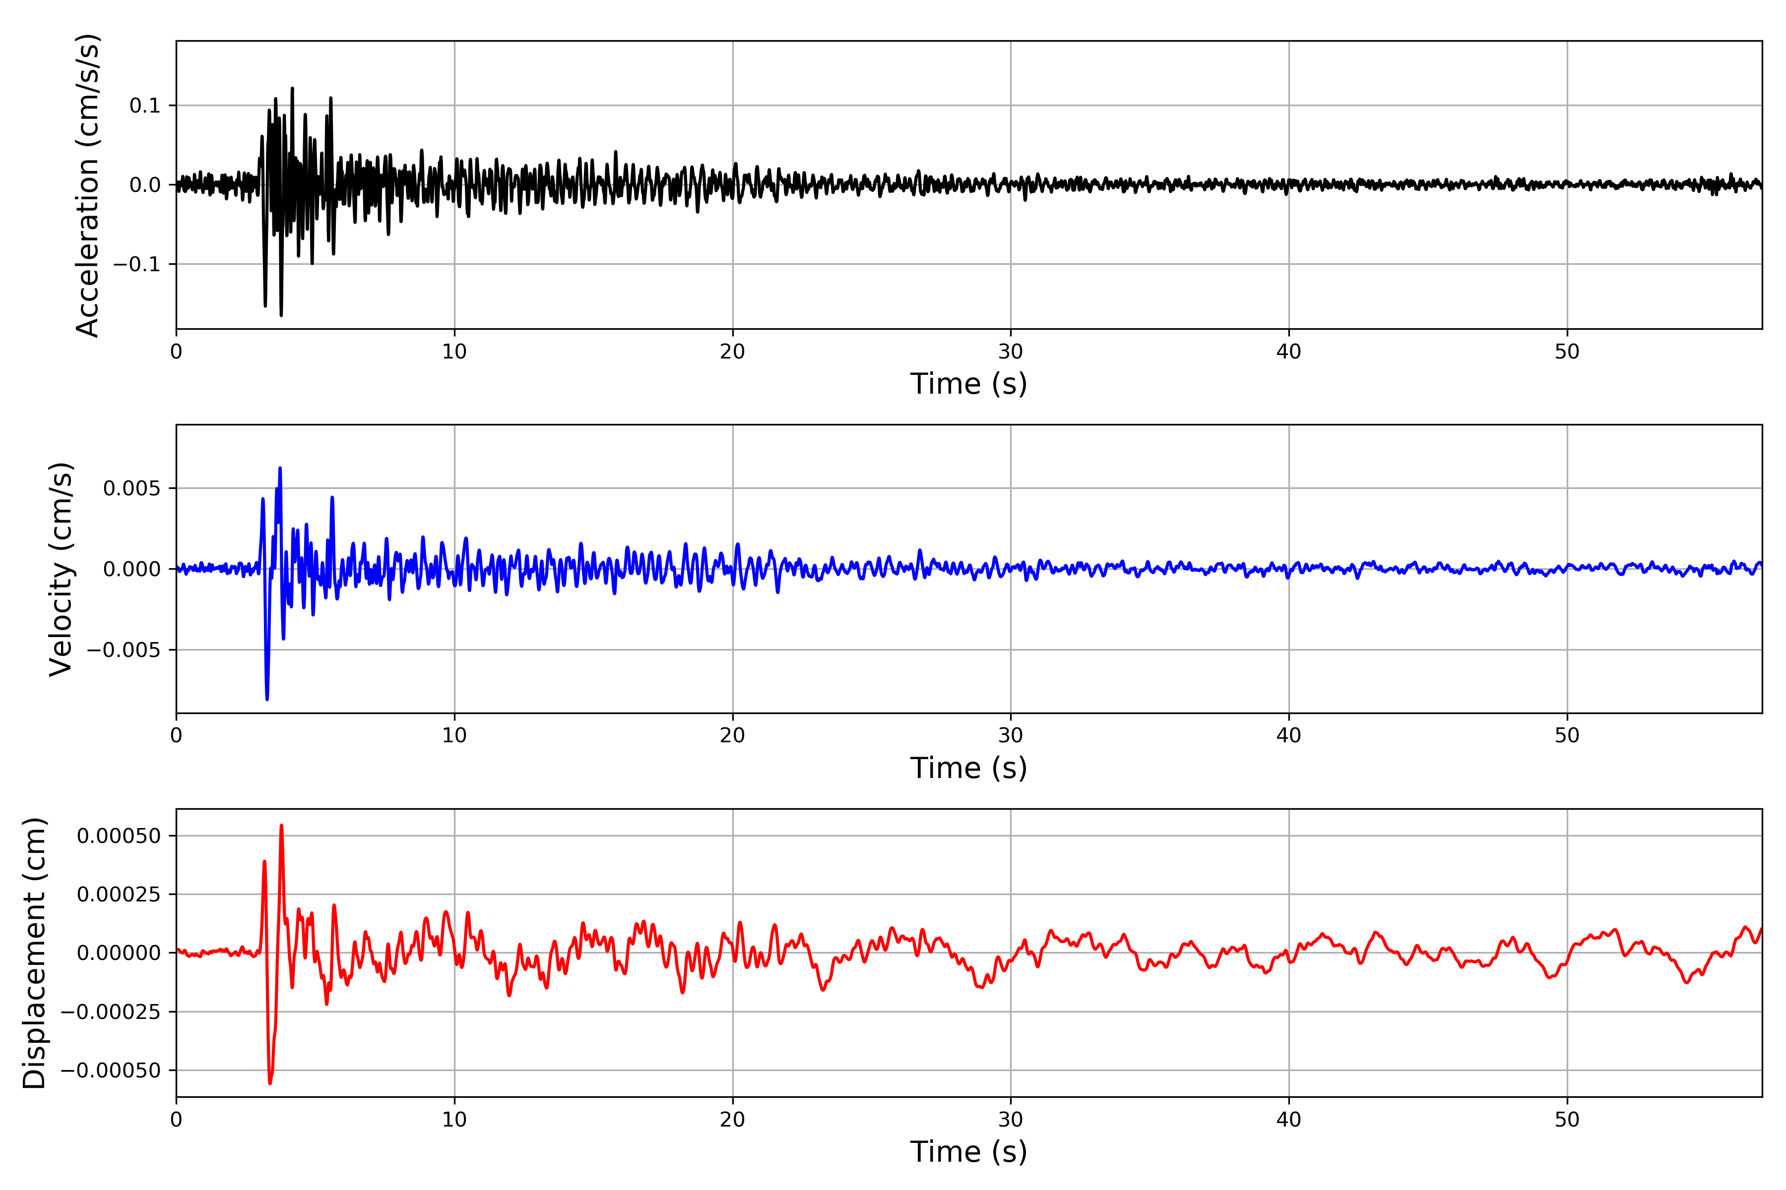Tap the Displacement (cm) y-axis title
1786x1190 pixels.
34,953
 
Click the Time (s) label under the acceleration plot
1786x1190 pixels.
969,384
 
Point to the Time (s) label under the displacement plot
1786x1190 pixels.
969,1152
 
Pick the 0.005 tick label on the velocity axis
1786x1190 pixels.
132,488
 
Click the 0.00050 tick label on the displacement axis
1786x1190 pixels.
119,835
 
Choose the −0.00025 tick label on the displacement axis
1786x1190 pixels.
111,1011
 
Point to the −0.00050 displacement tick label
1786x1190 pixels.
111,1070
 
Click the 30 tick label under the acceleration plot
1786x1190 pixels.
1011,352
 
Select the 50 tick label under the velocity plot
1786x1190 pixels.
1567,735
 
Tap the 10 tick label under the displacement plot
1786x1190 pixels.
455,1120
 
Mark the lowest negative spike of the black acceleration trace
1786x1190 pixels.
281,315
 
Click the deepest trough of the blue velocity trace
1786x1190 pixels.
267,699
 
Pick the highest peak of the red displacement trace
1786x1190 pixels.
282,826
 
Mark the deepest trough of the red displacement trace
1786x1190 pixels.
269,1083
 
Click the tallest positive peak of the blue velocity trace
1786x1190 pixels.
280,468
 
